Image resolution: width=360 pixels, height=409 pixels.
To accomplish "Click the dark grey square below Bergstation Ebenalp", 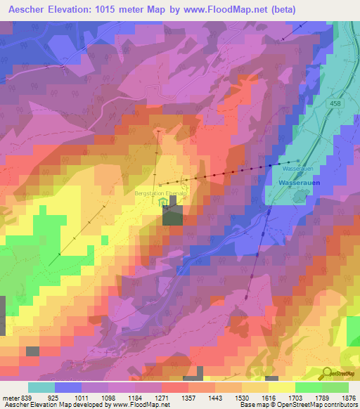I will coord(172,215).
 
